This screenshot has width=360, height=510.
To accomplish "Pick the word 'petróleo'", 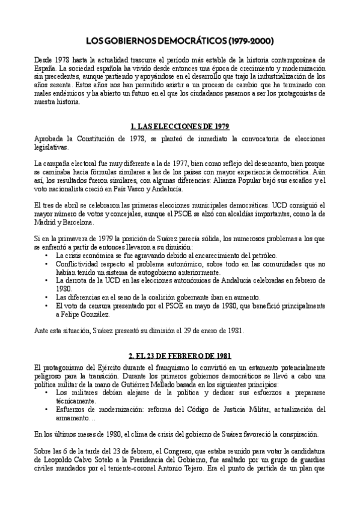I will [224, 255].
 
